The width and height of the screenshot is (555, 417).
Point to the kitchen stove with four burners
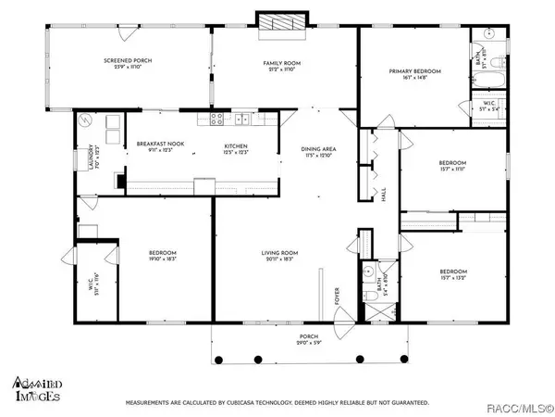pyautogui.click(x=215, y=119)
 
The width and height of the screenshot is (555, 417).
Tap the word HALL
pyautogui.click(x=384, y=196)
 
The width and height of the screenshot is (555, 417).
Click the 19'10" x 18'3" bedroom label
pyautogui.click(x=163, y=257)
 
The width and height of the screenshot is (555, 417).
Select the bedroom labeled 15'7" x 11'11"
pyautogui.click(x=456, y=168)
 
